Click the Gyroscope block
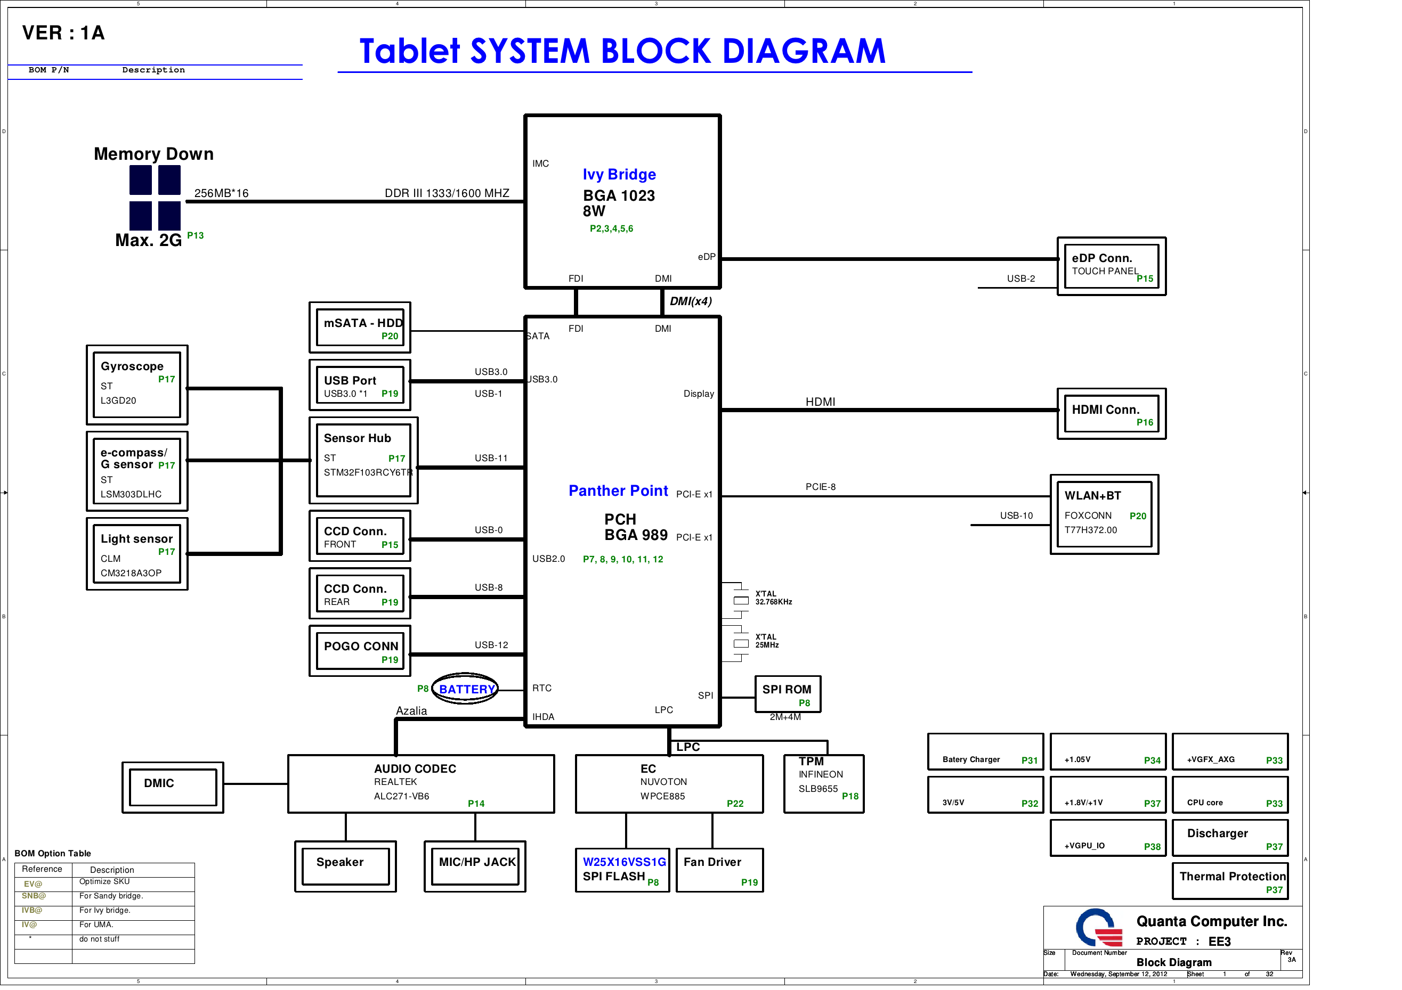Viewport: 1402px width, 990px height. (x=137, y=384)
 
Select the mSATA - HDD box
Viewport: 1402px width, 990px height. (x=360, y=328)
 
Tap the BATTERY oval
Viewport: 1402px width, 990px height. (x=465, y=689)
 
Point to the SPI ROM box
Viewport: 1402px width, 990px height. (x=787, y=694)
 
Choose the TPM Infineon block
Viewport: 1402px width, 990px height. (x=823, y=784)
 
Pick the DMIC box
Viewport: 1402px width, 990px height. (x=173, y=787)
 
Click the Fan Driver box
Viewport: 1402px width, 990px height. (x=719, y=870)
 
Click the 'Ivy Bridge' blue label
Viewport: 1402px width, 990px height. (x=619, y=175)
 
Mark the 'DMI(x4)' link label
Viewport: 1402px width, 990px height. (x=690, y=301)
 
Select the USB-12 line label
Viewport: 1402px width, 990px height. (x=491, y=644)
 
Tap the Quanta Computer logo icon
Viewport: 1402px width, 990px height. (x=1098, y=928)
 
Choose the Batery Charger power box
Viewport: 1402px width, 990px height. (x=985, y=752)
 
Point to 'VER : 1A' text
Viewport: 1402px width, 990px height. (x=63, y=33)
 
